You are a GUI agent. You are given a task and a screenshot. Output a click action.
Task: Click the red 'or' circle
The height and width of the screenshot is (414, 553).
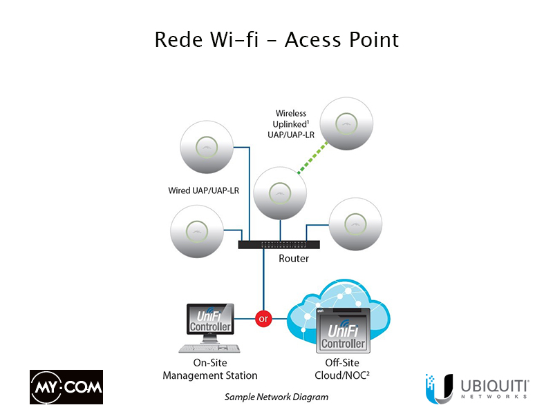click(263, 319)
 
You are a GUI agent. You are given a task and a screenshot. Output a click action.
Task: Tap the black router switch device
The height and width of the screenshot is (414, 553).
click(279, 244)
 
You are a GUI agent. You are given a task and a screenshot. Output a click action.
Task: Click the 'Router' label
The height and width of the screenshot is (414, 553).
click(293, 259)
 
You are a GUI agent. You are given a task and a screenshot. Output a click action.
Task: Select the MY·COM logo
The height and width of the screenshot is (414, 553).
click(66, 387)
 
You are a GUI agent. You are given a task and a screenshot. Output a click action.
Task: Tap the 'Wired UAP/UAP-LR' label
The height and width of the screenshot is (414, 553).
click(203, 190)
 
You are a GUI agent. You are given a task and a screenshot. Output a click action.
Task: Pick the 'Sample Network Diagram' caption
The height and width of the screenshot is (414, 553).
click(276, 397)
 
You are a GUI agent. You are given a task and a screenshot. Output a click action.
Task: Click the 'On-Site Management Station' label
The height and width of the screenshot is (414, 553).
click(210, 369)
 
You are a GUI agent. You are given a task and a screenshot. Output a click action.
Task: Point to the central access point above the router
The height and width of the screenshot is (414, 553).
click(279, 193)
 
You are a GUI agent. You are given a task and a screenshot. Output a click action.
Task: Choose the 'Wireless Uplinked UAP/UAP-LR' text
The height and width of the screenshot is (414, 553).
click(291, 124)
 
